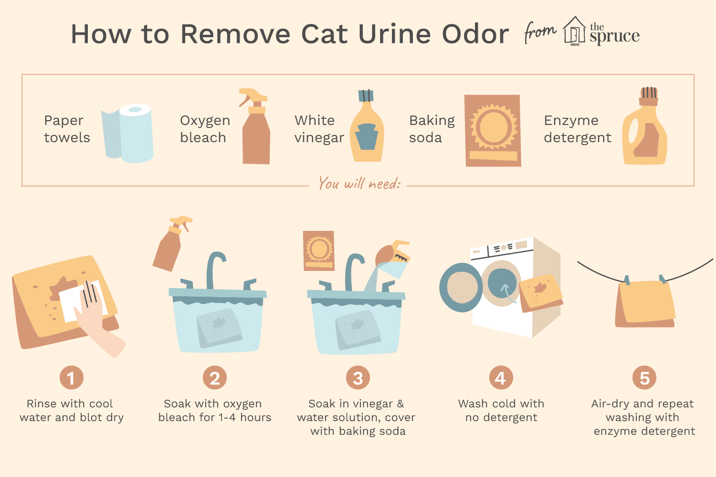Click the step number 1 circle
(72, 378)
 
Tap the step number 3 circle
(358, 378)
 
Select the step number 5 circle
(644, 378)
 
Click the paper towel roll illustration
(127, 133)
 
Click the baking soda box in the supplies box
(493, 130)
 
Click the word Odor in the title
(475, 34)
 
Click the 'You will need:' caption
(359, 184)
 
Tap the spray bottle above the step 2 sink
(171, 243)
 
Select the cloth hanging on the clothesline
(645, 302)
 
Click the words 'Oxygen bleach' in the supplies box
(205, 129)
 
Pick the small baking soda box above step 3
(319, 250)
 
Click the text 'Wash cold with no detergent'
(501, 411)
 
